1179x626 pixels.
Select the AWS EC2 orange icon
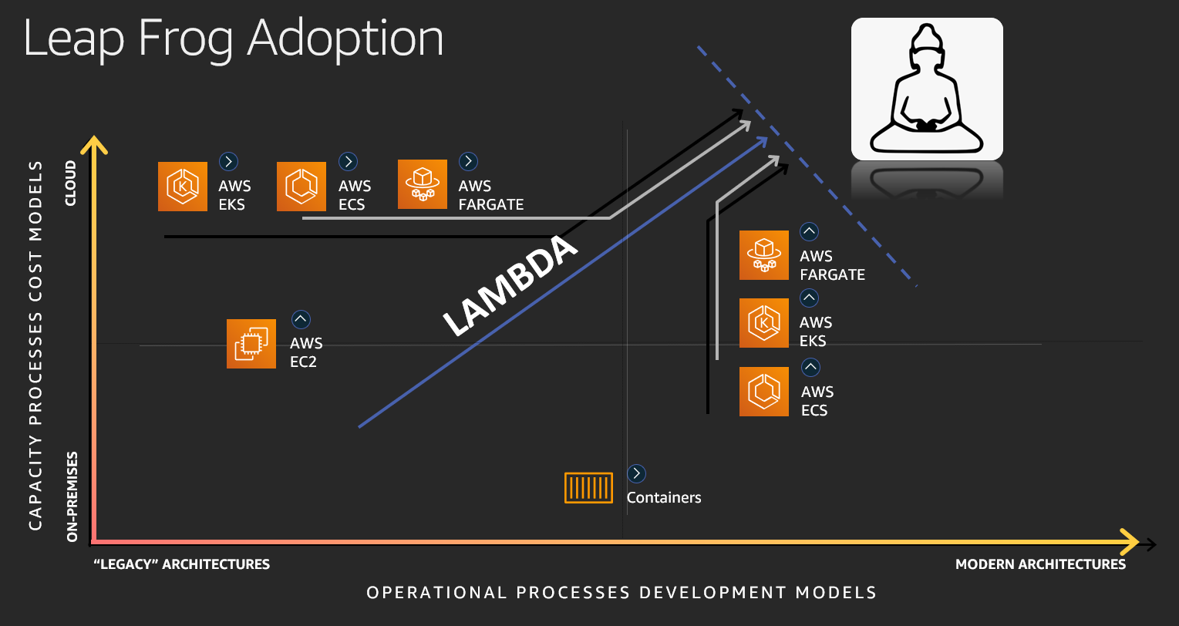251,344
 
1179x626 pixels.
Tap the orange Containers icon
588,488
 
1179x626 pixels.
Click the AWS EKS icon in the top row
183,187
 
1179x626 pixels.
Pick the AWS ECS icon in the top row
301,187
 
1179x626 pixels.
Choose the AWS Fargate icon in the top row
423,184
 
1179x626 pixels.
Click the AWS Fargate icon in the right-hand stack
763,255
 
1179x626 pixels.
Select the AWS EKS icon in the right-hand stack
763,323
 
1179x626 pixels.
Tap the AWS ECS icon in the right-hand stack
763,392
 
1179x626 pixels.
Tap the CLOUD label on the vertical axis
70,183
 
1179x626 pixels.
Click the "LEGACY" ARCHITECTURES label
181,564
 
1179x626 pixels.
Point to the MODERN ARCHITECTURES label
1040,564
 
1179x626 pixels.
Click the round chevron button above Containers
636,473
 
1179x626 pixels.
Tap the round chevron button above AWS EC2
301,319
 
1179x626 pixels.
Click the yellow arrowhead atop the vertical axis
94,145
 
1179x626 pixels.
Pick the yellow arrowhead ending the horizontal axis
1130,542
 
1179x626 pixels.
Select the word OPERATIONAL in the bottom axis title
436,593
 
